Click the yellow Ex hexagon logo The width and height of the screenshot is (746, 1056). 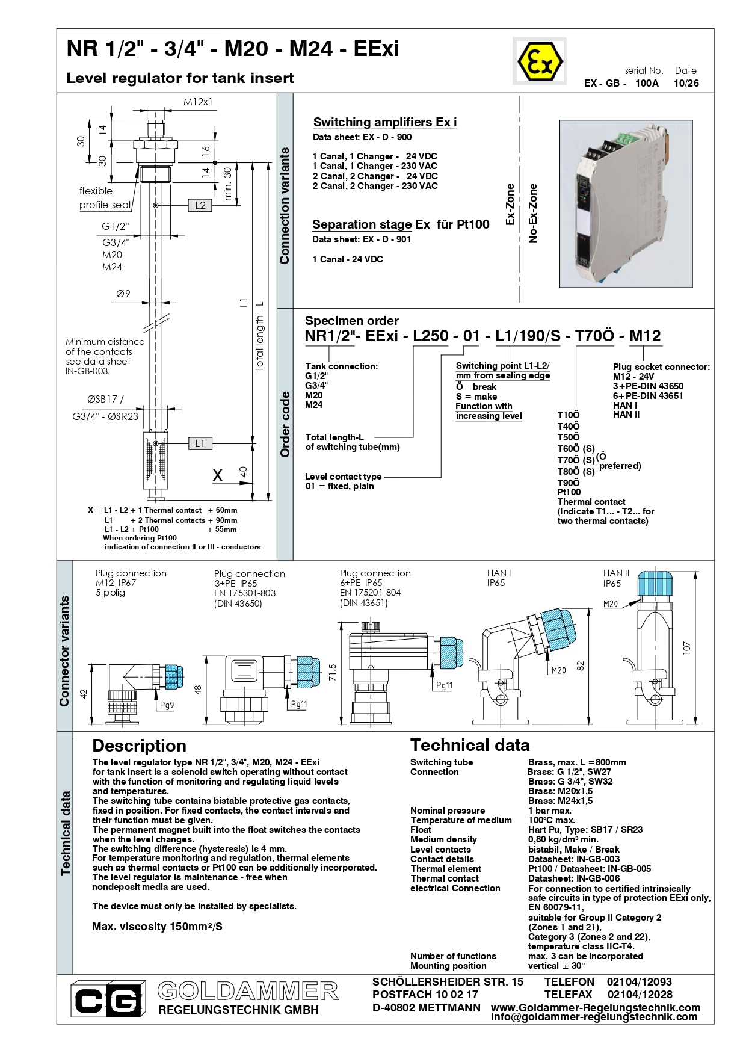pos(540,61)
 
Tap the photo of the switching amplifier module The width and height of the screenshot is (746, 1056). pos(626,204)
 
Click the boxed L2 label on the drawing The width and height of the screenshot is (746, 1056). pos(200,205)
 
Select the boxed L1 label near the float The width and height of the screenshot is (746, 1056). pos(200,443)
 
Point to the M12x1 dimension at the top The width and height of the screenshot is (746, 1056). pos(198,102)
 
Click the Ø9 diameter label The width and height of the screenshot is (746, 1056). pos(123,294)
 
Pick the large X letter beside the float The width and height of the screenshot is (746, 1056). pos(218,475)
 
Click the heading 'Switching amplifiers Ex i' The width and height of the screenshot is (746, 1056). pos(385,122)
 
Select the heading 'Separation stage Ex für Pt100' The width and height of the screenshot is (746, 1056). pos(401,224)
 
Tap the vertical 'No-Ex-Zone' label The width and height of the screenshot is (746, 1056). pos(533,214)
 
